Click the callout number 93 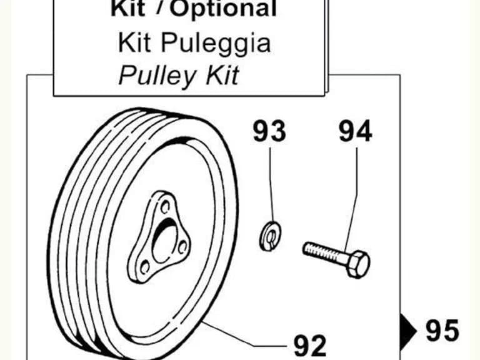pos(269,131)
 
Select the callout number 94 pos(356,131)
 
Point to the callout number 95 pos(442,330)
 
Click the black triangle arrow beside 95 pos(407,331)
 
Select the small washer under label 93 pos(270,236)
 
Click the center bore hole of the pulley pos(165,242)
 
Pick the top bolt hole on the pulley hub pos(165,207)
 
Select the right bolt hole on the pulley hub pos(182,247)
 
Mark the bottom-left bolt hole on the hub pos(145,267)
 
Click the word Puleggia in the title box pos(216,44)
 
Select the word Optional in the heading pos(223,9)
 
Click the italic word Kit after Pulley pos(222,75)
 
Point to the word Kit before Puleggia pos(134,42)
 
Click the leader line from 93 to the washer pos(271,184)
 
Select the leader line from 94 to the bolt pos(352,199)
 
